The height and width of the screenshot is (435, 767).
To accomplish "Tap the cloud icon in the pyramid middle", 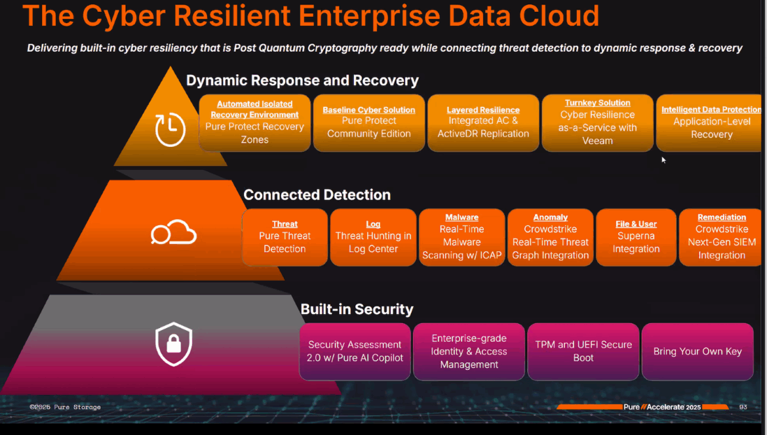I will (x=174, y=233).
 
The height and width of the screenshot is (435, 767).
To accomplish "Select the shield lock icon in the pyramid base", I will (x=174, y=344).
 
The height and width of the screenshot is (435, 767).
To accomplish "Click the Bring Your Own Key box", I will (x=698, y=352).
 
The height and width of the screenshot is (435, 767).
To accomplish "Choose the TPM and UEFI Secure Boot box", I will (x=583, y=352).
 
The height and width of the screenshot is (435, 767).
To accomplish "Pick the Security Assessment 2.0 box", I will (x=355, y=352).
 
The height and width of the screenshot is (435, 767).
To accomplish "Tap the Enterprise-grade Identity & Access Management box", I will (x=469, y=352).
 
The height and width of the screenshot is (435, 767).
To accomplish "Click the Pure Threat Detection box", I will (x=285, y=237).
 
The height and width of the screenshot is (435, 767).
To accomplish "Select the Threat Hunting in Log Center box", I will (x=373, y=237).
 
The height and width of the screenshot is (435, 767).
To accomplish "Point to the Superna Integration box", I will (x=636, y=237).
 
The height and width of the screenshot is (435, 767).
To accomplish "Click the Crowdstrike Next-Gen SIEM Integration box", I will (x=721, y=237).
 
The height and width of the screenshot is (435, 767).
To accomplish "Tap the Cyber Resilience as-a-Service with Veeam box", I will (x=597, y=123).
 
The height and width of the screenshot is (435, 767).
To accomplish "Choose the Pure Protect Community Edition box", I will (x=369, y=123).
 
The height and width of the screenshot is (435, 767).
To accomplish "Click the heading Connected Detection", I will (x=317, y=195).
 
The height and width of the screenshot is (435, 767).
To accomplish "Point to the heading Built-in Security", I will (x=357, y=309).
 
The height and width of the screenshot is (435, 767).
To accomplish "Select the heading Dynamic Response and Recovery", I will (x=302, y=81).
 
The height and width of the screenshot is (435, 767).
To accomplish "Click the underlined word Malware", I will (x=462, y=217).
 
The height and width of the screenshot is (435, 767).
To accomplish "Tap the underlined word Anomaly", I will (x=550, y=217).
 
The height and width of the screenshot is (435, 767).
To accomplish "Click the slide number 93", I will (x=743, y=407).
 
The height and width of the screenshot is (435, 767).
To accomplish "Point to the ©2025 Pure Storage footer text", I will (x=65, y=407).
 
